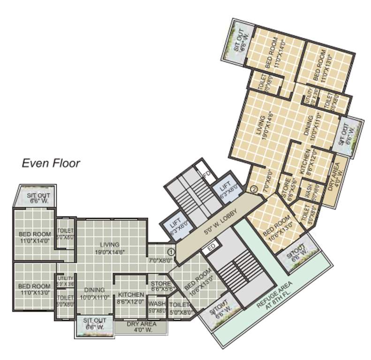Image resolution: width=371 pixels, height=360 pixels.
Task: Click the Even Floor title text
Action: pyautogui.click(x=51, y=163)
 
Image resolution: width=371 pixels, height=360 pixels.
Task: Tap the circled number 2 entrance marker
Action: pyautogui.click(x=254, y=189)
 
